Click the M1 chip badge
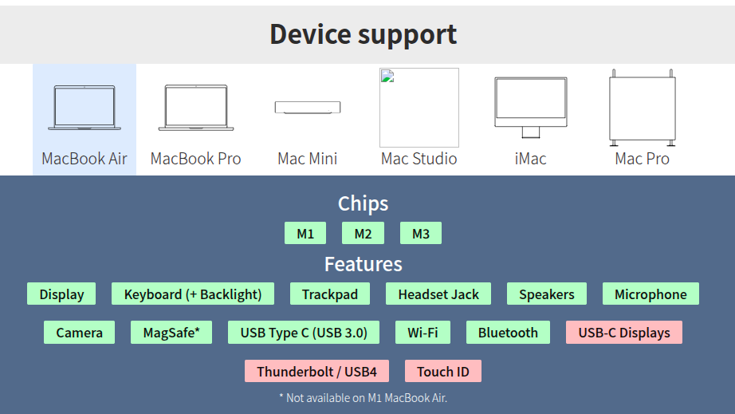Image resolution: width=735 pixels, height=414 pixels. (305, 233)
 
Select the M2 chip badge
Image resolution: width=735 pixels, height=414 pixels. (363, 233)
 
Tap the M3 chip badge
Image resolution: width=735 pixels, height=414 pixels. (420, 233)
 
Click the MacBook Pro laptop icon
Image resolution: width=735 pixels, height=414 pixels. (196, 108)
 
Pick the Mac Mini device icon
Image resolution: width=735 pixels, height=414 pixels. (308, 108)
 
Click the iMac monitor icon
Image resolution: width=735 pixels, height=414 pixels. (531, 108)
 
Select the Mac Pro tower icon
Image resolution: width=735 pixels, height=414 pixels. (643, 108)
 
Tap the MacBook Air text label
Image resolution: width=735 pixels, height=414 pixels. (85, 159)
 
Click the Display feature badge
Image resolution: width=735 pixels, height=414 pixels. (61, 294)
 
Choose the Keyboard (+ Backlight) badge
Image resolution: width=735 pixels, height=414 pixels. (193, 294)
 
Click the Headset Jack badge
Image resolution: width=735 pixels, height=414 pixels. (438, 294)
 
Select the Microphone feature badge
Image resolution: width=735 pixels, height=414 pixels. (650, 294)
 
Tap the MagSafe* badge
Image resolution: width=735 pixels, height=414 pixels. (171, 333)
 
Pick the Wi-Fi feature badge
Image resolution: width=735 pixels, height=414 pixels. (423, 333)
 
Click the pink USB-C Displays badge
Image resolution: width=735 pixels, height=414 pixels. (624, 333)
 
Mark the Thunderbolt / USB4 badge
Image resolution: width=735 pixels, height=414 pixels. (316, 372)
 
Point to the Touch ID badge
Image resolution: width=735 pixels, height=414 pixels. (443, 372)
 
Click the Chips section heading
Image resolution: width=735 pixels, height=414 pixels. (364, 203)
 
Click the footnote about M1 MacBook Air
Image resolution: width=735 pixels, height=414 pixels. (364, 398)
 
